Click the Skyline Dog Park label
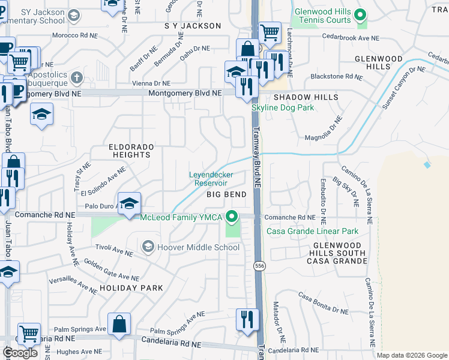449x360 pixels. click(283, 107)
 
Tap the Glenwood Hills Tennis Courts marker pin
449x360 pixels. click(361, 14)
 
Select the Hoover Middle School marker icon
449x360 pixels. click(148, 247)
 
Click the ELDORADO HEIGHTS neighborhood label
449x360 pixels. click(131, 151)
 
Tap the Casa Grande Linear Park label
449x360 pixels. click(309, 231)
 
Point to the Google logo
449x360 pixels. click(20, 353)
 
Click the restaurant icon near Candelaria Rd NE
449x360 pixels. click(247, 319)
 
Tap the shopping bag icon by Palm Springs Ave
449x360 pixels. click(120, 323)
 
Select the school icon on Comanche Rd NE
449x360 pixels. click(129, 203)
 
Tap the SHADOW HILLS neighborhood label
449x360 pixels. click(306, 97)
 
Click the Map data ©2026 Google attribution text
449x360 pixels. click(411, 355)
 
